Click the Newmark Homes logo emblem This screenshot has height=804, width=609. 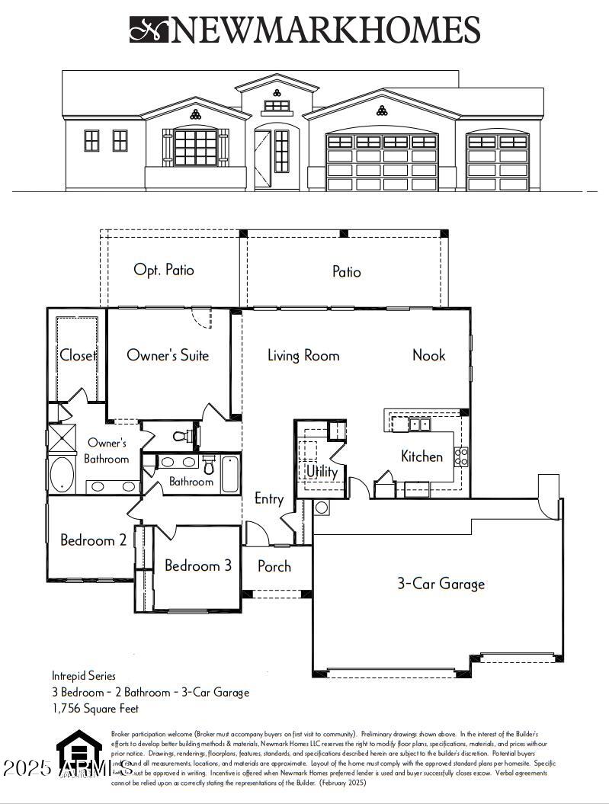148,30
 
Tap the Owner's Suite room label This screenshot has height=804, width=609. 168,355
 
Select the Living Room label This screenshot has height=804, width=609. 303,355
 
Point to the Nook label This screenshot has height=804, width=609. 428,355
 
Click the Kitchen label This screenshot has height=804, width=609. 421,456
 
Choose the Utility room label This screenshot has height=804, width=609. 322,472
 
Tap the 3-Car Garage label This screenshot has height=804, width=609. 441,584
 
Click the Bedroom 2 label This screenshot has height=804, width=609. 93,540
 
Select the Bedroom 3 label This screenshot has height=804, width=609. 198,565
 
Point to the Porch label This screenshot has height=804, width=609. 274,566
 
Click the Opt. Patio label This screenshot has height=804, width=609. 164,270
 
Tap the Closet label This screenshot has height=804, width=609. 78,355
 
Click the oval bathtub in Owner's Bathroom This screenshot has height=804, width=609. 62,474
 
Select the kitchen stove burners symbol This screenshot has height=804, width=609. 461,456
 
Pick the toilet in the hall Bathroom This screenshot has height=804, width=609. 209,466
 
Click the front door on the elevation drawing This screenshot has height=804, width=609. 262,159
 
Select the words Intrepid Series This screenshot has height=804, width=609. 84,676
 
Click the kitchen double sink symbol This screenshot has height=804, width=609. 419,424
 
